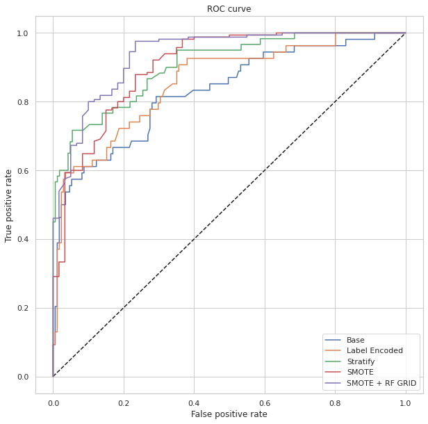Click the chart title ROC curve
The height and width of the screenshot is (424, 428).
point(229,9)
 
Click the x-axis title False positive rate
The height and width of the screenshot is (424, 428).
point(229,414)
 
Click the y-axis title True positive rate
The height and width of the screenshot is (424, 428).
point(9,205)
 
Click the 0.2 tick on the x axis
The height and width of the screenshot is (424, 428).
point(124,401)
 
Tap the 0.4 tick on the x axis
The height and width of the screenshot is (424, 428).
point(194,401)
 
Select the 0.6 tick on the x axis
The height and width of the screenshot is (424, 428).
point(265,401)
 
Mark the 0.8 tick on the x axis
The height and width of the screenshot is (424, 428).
point(335,401)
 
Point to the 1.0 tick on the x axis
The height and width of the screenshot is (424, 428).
point(406,401)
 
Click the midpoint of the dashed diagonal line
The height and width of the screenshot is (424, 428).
point(229,205)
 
